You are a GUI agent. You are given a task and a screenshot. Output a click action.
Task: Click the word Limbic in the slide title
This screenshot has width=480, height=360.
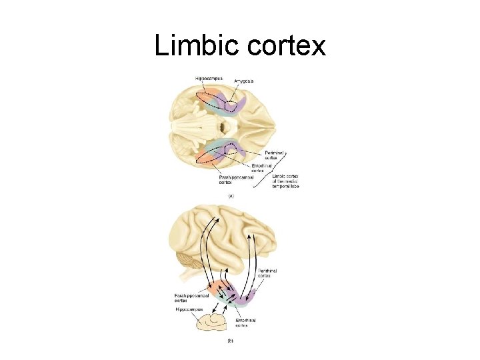(x=197, y=46)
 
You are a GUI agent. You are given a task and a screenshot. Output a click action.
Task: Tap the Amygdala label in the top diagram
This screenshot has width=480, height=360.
(x=243, y=81)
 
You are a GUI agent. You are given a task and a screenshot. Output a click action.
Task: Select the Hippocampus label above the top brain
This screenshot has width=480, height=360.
(x=209, y=79)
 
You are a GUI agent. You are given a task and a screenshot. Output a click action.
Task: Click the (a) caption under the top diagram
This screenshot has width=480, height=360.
(x=231, y=196)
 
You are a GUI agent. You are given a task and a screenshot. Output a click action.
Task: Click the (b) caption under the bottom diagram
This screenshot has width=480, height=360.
(x=230, y=341)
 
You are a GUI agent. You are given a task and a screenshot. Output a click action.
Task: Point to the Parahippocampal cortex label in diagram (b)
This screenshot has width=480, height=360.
(x=189, y=297)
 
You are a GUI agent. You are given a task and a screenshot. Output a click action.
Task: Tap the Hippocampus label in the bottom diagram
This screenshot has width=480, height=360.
(x=189, y=310)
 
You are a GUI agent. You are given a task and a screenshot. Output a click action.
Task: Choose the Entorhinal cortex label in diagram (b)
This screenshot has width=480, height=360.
(x=247, y=323)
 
